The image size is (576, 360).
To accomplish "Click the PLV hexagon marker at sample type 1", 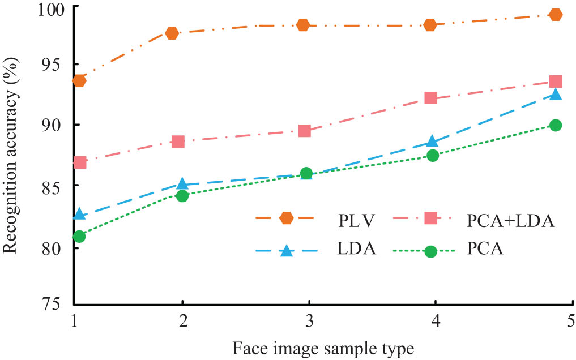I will tap(79, 80).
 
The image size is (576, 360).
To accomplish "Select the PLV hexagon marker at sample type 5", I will tap(556, 14).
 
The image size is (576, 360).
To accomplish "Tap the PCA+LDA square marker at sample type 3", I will tap(304, 131).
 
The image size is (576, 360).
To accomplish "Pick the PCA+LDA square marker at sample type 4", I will tap(430, 98).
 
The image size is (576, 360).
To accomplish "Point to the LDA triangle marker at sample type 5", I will tap(556, 94).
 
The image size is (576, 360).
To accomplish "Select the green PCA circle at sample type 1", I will tap(79, 236).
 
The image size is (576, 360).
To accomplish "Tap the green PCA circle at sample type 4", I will tap(433, 156).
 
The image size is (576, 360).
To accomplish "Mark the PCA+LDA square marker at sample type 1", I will tap(80, 162).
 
